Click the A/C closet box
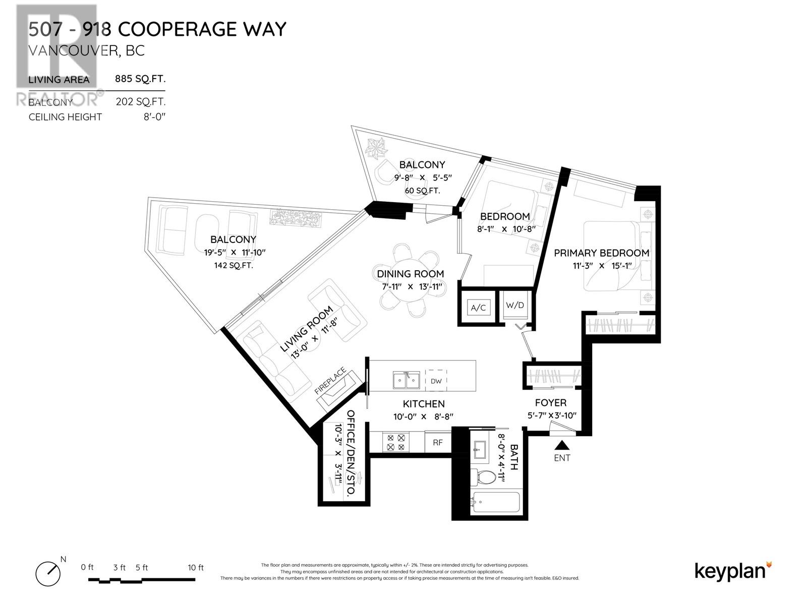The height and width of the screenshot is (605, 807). click(478, 307)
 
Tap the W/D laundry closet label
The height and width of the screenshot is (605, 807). click(515, 305)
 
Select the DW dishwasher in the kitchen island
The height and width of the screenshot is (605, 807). click(436, 381)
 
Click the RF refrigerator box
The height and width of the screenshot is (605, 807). click(438, 442)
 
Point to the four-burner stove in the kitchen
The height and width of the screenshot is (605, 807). click(396, 442)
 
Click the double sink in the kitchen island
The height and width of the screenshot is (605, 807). click(407, 380)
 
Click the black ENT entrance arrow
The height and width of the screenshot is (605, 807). click(562, 445)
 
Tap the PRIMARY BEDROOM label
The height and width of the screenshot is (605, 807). click(601, 253)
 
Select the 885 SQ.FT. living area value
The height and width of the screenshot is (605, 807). click(140, 79)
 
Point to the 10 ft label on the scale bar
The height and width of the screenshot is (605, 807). click(196, 568)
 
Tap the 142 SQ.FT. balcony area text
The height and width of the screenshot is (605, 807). click(234, 265)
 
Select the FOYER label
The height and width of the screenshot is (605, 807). click(550, 403)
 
